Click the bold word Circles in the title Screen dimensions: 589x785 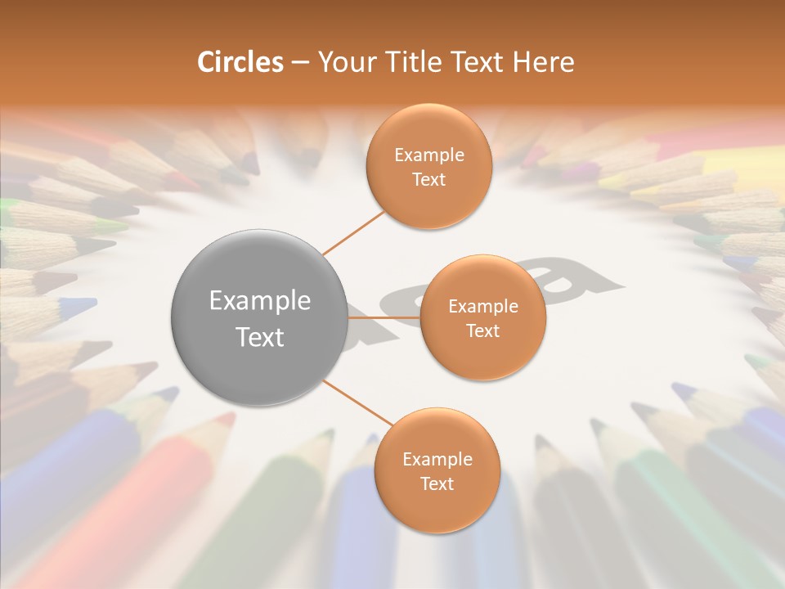[240, 62]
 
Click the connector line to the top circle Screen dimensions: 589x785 [354, 232]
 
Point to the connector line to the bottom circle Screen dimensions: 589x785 [358, 403]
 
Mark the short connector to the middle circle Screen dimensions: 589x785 [384, 317]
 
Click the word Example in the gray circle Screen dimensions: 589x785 [260, 301]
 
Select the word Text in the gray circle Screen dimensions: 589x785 [260, 337]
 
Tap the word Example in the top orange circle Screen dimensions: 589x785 [428, 155]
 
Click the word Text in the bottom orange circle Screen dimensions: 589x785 [437, 484]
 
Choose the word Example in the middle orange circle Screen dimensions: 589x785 [482, 307]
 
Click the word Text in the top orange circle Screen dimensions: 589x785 [428, 180]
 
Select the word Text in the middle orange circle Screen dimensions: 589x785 [482, 331]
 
